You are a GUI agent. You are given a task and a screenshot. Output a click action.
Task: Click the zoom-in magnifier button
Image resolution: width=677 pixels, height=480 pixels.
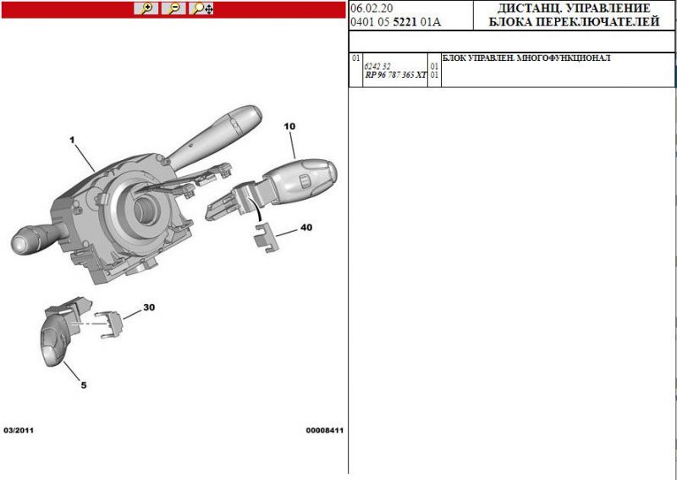(146, 8)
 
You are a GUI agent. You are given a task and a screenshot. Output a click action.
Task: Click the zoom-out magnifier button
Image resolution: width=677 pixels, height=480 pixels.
(173, 8)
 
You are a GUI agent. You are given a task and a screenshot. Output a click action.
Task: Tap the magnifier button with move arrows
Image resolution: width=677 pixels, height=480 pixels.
(201, 8)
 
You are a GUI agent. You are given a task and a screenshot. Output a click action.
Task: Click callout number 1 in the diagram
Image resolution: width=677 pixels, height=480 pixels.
(72, 140)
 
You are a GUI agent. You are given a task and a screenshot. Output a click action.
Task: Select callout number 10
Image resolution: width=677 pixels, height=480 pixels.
(289, 127)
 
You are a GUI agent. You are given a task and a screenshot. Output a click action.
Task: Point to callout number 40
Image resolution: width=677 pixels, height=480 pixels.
(306, 227)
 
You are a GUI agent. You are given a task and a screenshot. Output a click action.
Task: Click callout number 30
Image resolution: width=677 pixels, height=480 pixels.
(149, 307)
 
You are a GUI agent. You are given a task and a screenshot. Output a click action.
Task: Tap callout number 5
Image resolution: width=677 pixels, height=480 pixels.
(83, 385)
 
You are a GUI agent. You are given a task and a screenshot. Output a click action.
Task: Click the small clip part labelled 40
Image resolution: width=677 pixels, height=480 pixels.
(266, 237)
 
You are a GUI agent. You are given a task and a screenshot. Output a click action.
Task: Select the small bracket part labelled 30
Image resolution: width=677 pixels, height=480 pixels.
(109, 324)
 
